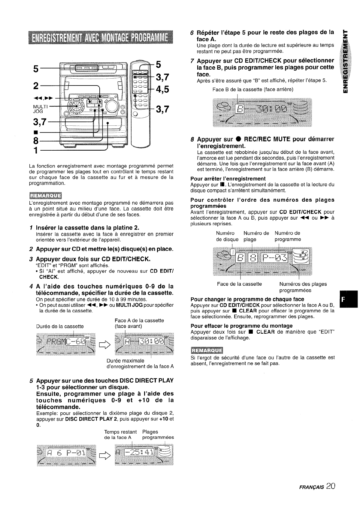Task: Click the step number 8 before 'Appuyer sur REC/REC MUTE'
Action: (x=192, y=139)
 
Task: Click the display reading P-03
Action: (x=274, y=258)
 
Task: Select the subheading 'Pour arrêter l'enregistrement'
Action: (x=228, y=179)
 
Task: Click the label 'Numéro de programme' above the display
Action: (x=287, y=236)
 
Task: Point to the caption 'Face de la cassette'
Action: (x=239, y=284)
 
